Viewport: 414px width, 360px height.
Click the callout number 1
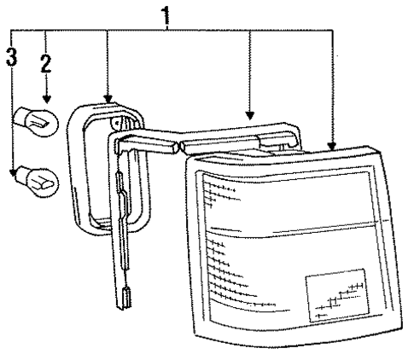(x=166, y=15)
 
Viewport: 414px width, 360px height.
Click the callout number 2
(x=46, y=63)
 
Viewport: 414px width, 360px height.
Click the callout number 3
(x=11, y=57)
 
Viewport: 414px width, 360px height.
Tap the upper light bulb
(x=37, y=122)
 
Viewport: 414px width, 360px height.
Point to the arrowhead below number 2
(x=47, y=99)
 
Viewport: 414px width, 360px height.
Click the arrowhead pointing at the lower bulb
(x=13, y=172)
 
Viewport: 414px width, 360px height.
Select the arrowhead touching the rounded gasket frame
(x=108, y=99)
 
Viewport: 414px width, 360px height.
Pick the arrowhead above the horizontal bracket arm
(x=250, y=116)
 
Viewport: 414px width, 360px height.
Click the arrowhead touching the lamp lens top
(x=331, y=146)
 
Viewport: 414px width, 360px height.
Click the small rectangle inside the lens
(x=337, y=295)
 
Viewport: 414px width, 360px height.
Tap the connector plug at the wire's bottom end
(x=126, y=298)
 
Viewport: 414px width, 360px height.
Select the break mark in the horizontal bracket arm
(x=178, y=147)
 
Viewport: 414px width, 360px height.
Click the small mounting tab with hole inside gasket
(x=116, y=123)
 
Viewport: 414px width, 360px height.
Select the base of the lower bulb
(x=21, y=177)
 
